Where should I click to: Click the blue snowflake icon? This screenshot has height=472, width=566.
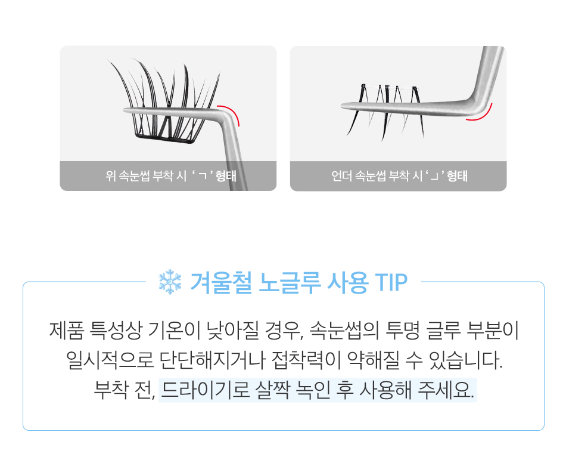pyautogui.click(x=170, y=282)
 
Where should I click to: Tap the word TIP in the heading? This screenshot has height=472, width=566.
pyautogui.click(x=391, y=282)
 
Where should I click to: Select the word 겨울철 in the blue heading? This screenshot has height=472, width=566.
pyautogui.click(x=220, y=282)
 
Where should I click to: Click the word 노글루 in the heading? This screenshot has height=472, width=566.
pyautogui.click(x=290, y=282)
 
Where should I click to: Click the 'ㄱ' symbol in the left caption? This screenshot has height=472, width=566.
pyautogui.click(x=203, y=176)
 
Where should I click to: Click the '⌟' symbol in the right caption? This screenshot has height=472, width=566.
pyautogui.click(x=434, y=177)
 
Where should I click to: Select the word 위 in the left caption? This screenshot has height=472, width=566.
pyautogui.click(x=110, y=176)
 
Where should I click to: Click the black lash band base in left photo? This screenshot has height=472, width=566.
pyautogui.click(x=165, y=137)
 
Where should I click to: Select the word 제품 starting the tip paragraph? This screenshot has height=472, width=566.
pyautogui.click(x=67, y=330)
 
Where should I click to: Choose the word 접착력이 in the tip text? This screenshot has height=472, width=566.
pyautogui.click(x=306, y=360)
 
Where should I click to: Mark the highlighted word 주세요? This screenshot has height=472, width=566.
pyautogui.click(x=446, y=390)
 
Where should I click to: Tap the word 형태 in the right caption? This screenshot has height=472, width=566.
pyautogui.click(x=457, y=176)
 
